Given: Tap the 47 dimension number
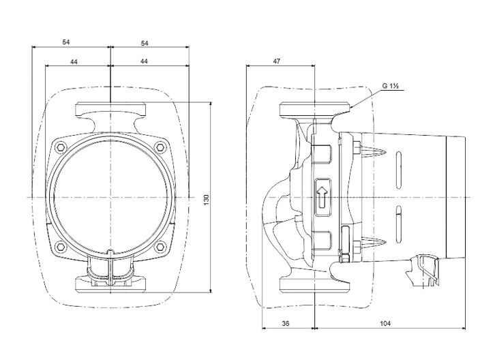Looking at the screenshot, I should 277,61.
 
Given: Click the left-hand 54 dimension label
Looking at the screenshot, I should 66,42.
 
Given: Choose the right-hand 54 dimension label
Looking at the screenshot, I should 144,42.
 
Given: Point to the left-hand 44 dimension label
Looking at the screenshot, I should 74,61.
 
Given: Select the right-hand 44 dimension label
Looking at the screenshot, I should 144,61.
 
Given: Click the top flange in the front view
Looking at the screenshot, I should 110,110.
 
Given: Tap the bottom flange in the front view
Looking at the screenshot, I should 110,282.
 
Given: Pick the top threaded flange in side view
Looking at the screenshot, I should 314,109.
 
